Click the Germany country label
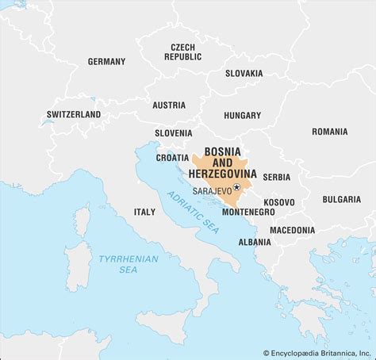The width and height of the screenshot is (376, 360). point(106,61)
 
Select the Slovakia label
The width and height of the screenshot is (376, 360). point(244,73)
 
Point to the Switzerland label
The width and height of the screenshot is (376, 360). point(74,114)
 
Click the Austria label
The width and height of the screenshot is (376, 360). point(169,105)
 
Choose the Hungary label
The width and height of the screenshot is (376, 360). point(242,115)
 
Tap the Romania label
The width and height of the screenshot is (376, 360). point(329,131)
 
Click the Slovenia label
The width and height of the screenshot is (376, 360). point(173,132)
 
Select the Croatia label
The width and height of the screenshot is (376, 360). point(172,157)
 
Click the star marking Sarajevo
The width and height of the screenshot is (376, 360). point(236,187)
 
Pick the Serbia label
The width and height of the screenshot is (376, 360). point(276,176)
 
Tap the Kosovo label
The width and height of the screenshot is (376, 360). point(279,202)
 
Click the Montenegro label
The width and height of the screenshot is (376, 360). point(248,212)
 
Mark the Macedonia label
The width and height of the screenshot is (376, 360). point(291,230)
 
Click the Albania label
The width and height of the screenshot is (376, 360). point(254,241)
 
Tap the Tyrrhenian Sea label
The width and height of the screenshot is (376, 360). point(128,264)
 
